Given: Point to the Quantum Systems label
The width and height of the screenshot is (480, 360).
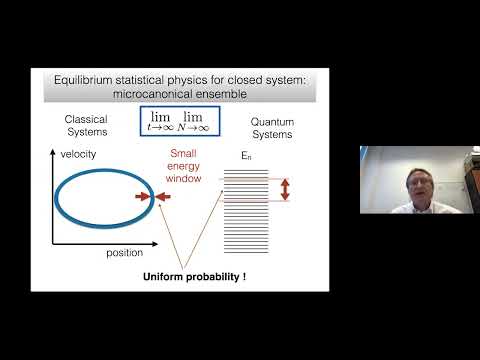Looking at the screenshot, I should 282,125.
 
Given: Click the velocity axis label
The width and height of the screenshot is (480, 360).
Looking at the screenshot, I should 76,155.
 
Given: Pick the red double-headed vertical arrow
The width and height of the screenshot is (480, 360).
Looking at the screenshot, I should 285,188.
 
